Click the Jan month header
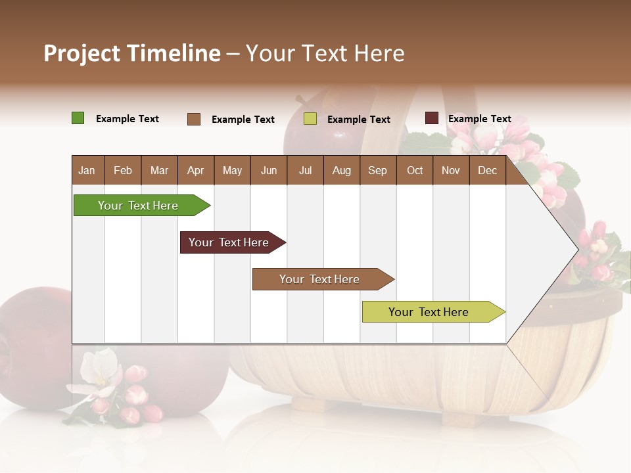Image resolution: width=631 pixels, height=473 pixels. click(87, 171)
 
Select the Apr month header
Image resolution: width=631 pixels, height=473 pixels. click(195, 171)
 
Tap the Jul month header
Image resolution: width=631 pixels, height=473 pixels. click(305, 171)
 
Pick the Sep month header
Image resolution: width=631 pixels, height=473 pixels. click(377, 171)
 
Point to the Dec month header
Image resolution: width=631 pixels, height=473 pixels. click(487, 171)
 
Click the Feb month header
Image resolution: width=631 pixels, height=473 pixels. click(123, 171)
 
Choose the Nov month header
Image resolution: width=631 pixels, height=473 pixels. click(450, 171)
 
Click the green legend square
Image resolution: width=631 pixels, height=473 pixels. click(78, 118)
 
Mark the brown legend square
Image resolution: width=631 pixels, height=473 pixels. click(194, 119)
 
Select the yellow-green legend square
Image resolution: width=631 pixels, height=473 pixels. click(310, 119)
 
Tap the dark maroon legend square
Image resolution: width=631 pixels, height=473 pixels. click(432, 118)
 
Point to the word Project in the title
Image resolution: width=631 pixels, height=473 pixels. click(82, 53)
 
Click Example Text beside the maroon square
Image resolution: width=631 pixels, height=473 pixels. click(479, 119)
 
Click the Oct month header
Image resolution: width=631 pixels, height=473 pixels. click(415, 171)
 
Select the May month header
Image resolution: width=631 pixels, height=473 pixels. click(232, 171)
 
